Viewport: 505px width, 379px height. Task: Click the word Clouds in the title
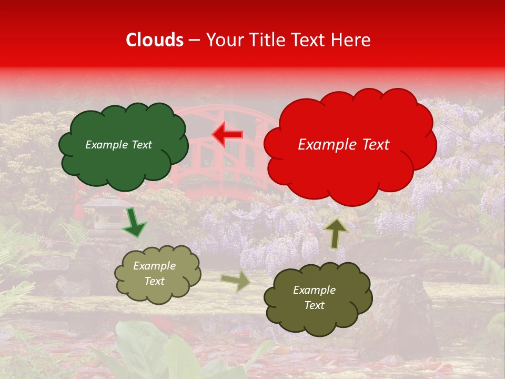(155, 40)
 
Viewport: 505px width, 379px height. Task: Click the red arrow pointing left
(228, 135)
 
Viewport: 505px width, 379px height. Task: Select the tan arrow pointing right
(236, 281)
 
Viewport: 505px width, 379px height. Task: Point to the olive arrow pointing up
(336, 233)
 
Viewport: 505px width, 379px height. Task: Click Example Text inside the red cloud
(344, 145)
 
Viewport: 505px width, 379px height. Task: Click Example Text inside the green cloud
(118, 145)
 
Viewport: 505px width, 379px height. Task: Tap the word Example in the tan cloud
(154, 266)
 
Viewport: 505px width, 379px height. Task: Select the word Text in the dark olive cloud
(314, 305)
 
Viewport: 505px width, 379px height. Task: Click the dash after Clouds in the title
(194, 40)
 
